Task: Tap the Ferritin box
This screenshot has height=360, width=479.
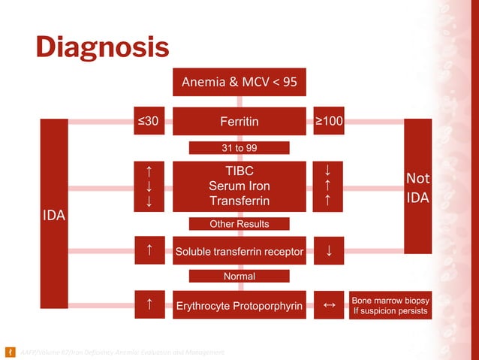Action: (x=239, y=121)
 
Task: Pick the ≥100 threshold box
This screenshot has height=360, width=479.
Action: (x=329, y=121)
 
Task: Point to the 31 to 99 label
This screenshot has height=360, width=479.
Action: (x=239, y=148)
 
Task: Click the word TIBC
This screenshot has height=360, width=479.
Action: (x=239, y=171)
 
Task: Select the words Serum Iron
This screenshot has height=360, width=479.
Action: (x=239, y=186)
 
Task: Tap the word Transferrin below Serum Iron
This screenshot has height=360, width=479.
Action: (x=239, y=201)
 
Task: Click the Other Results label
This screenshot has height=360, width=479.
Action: (x=239, y=224)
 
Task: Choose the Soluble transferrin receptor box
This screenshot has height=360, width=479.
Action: (x=239, y=251)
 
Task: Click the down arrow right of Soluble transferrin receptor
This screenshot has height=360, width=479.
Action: (x=329, y=251)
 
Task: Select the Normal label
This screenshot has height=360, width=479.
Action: (x=239, y=277)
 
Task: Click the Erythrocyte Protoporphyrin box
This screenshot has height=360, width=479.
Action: (x=239, y=305)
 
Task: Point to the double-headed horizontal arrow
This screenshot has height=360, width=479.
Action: (x=329, y=305)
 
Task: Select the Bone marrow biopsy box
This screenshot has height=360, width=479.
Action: (x=390, y=305)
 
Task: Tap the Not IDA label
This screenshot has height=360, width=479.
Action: (x=417, y=188)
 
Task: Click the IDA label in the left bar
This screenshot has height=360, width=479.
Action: (x=53, y=216)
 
